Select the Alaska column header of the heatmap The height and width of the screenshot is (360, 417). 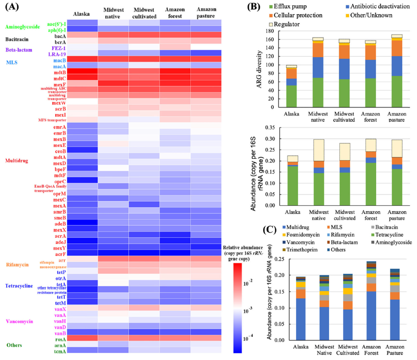(82, 14)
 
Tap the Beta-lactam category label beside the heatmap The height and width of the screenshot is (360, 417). (19, 49)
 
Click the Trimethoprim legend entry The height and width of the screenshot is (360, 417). (300, 249)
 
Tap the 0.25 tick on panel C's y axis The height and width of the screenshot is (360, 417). (278, 259)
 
